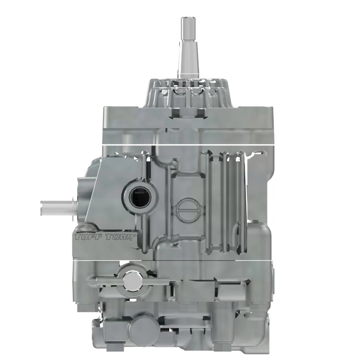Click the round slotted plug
[x=188, y=210]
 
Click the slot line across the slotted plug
[x=188, y=210]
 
